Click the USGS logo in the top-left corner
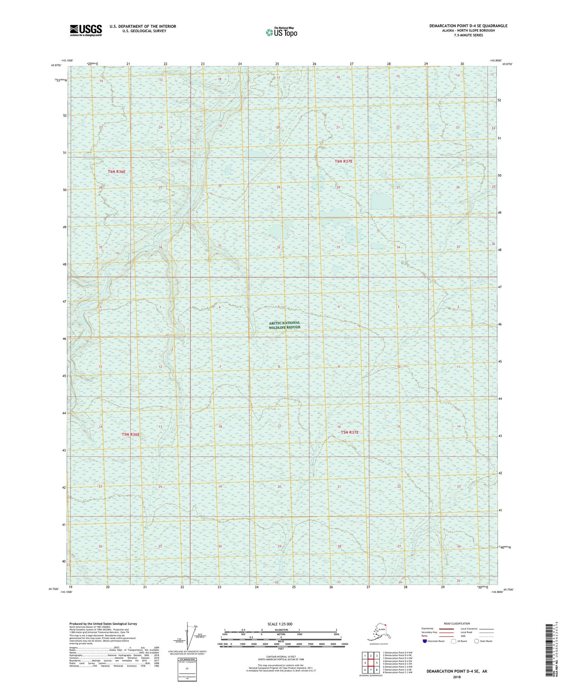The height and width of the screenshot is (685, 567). [x=86, y=30]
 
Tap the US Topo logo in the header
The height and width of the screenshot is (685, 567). [x=281, y=32]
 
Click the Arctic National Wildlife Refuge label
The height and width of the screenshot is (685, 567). [x=285, y=325]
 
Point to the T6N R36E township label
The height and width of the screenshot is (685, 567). [x=117, y=172]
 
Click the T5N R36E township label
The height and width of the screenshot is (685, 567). [x=130, y=434]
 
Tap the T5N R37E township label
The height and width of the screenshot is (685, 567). [x=349, y=432]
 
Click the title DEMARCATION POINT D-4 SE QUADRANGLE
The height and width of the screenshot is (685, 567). [x=468, y=26]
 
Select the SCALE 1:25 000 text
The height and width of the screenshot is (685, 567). [x=280, y=624]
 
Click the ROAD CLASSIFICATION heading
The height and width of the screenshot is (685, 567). [x=457, y=623]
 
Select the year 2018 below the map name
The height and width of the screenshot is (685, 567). [x=457, y=677]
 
